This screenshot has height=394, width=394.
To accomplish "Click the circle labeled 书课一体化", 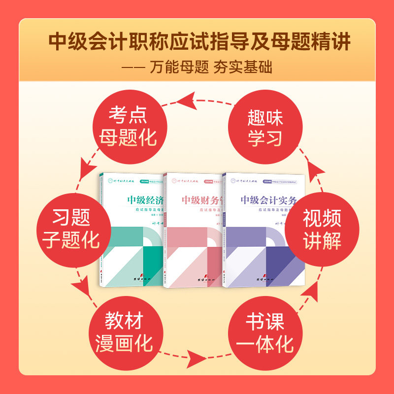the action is click(x=265, y=331).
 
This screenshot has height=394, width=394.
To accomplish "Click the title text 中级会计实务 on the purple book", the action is click(x=269, y=200).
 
